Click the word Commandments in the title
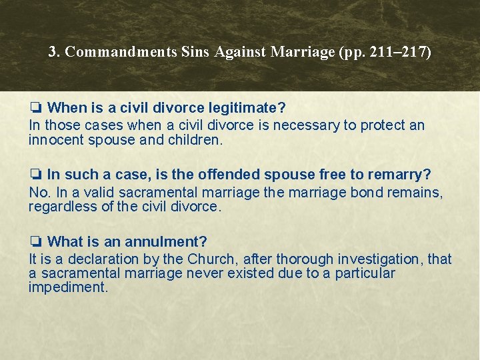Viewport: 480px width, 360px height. pyautogui.click(x=122, y=52)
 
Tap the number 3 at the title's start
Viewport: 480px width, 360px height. pyautogui.click(x=53, y=52)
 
